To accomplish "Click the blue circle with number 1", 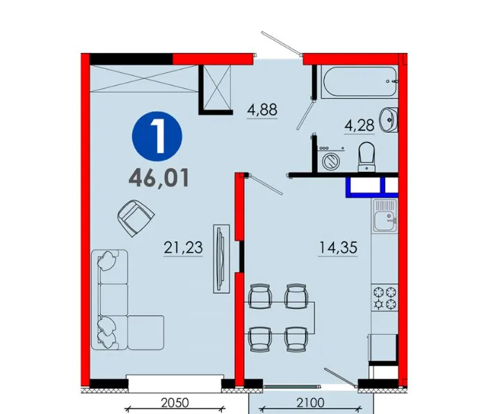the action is pyautogui.click(x=157, y=136).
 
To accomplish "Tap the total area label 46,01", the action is pyautogui.click(x=159, y=178).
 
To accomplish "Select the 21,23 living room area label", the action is pyautogui.click(x=183, y=248).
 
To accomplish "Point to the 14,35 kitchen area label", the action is pyautogui.click(x=338, y=248).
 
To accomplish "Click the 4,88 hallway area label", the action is pyautogui.click(x=262, y=110).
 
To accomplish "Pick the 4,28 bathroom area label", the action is pyautogui.click(x=359, y=125).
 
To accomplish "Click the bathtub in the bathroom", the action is pyautogui.click(x=360, y=81).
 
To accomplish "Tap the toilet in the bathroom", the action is pyautogui.click(x=366, y=157).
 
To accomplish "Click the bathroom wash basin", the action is pyautogui.click(x=389, y=120).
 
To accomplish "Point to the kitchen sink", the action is pyautogui.click(x=385, y=216).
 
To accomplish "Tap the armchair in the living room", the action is pyautogui.click(x=136, y=218).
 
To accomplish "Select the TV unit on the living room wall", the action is pyautogui.click(x=221, y=259).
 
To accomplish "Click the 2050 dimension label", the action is pyautogui.click(x=175, y=403).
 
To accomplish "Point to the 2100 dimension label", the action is pyautogui.click(x=310, y=403).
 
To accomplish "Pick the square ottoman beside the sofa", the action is pyautogui.click(x=146, y=333).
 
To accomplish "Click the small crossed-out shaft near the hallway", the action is pyautogui.click(x=217, y=88).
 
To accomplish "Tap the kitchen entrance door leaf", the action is pyautogui.click(x=266, y=184).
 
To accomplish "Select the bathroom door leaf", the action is pyautogui.click(x=305, y=114).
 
